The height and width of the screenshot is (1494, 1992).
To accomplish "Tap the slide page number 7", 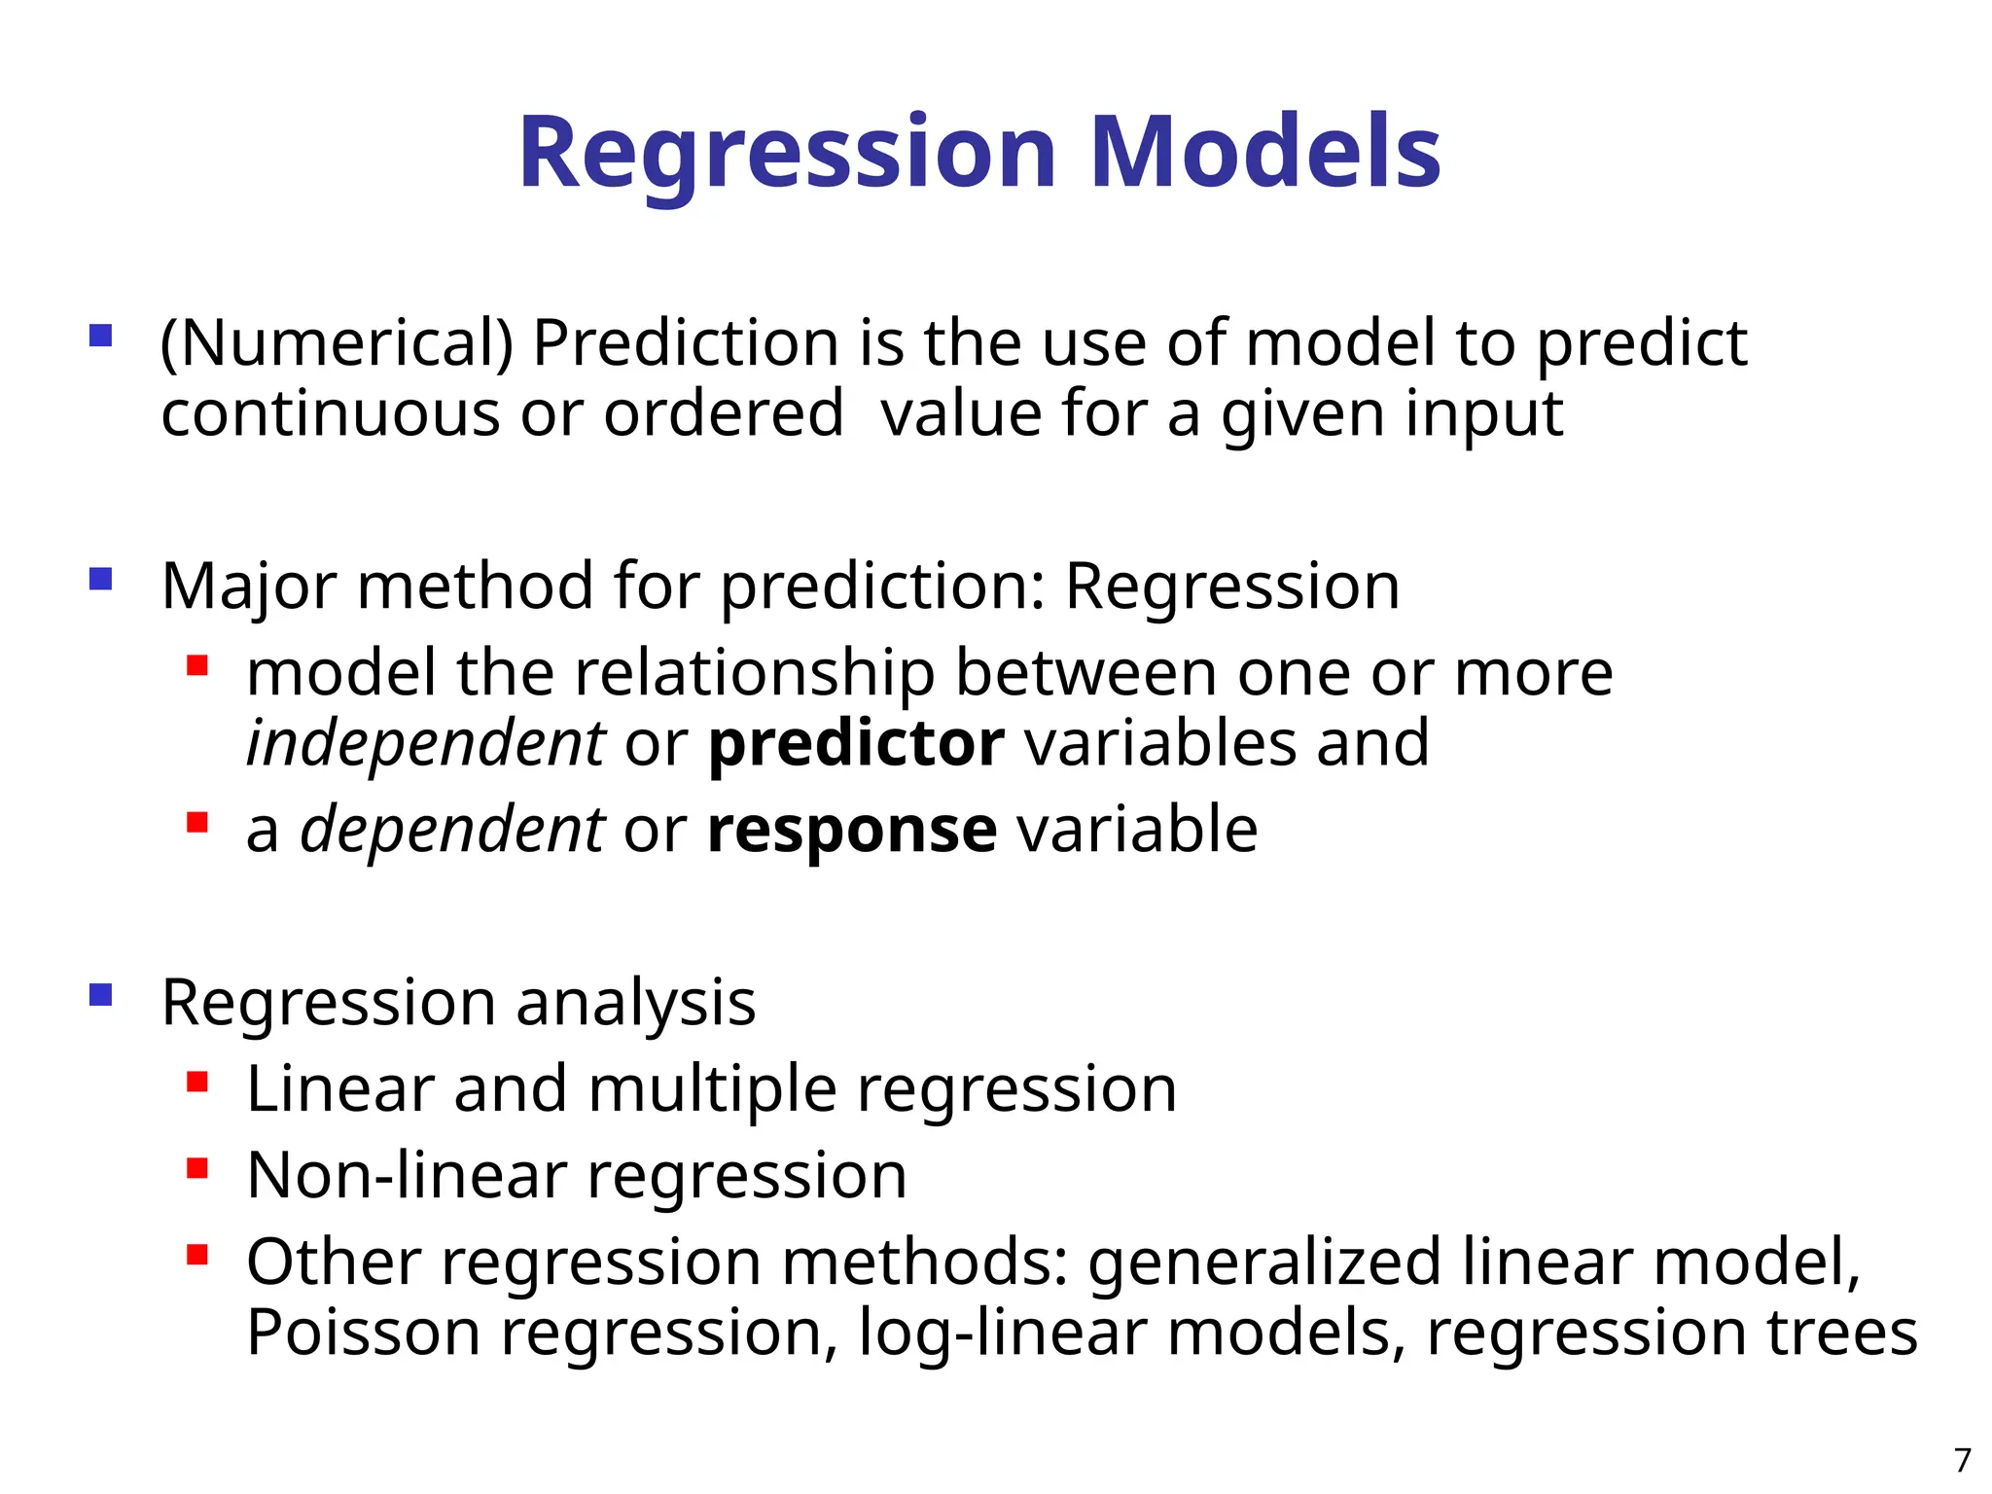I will click(x=1962, y=1460).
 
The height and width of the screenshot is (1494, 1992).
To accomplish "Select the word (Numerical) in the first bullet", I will click(x=337, y=344).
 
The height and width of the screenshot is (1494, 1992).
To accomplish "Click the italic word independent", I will click(x=426, y=744).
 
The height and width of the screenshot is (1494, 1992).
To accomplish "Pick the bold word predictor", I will click(x=856, y=744).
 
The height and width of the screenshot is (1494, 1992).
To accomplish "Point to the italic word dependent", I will click(x=452, y=830).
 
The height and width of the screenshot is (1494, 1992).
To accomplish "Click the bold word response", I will click(x=852, y=832).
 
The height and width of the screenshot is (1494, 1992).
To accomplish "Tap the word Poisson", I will click(x=364, y=1333).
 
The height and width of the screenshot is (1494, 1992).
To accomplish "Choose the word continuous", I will click(x=331, y=414).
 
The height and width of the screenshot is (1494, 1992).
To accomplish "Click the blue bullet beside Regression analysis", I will click(x=101, y=995).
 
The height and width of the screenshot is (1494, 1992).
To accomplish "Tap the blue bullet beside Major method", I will click(x=101, y=580).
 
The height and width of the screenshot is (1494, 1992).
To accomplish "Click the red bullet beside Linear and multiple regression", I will click(x=197, y=1082).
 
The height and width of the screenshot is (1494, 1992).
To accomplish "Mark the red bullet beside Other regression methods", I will click(x=197, y=1255).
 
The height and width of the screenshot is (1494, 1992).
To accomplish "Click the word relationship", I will click(x=754, y=673).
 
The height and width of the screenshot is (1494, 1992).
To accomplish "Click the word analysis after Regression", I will click(x=636, y=1003).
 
